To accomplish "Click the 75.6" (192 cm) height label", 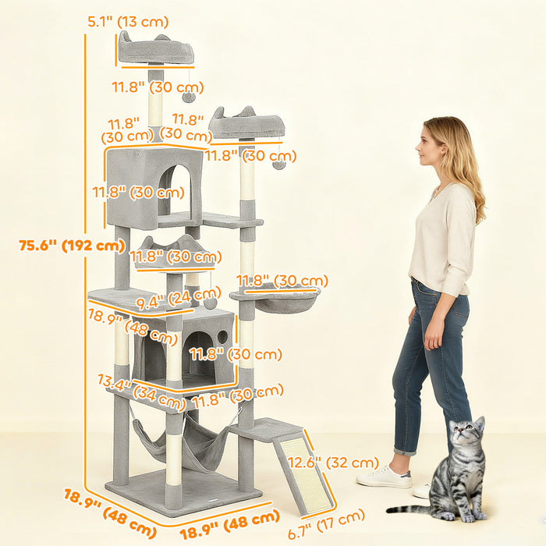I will pos(72,245).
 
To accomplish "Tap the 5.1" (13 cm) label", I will pos(128,22).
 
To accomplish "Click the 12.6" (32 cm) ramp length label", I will pos(344,463).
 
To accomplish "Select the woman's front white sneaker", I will pos(384,477).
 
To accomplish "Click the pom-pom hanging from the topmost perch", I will pos(189,97).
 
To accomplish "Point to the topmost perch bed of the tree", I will pos(156,50).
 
